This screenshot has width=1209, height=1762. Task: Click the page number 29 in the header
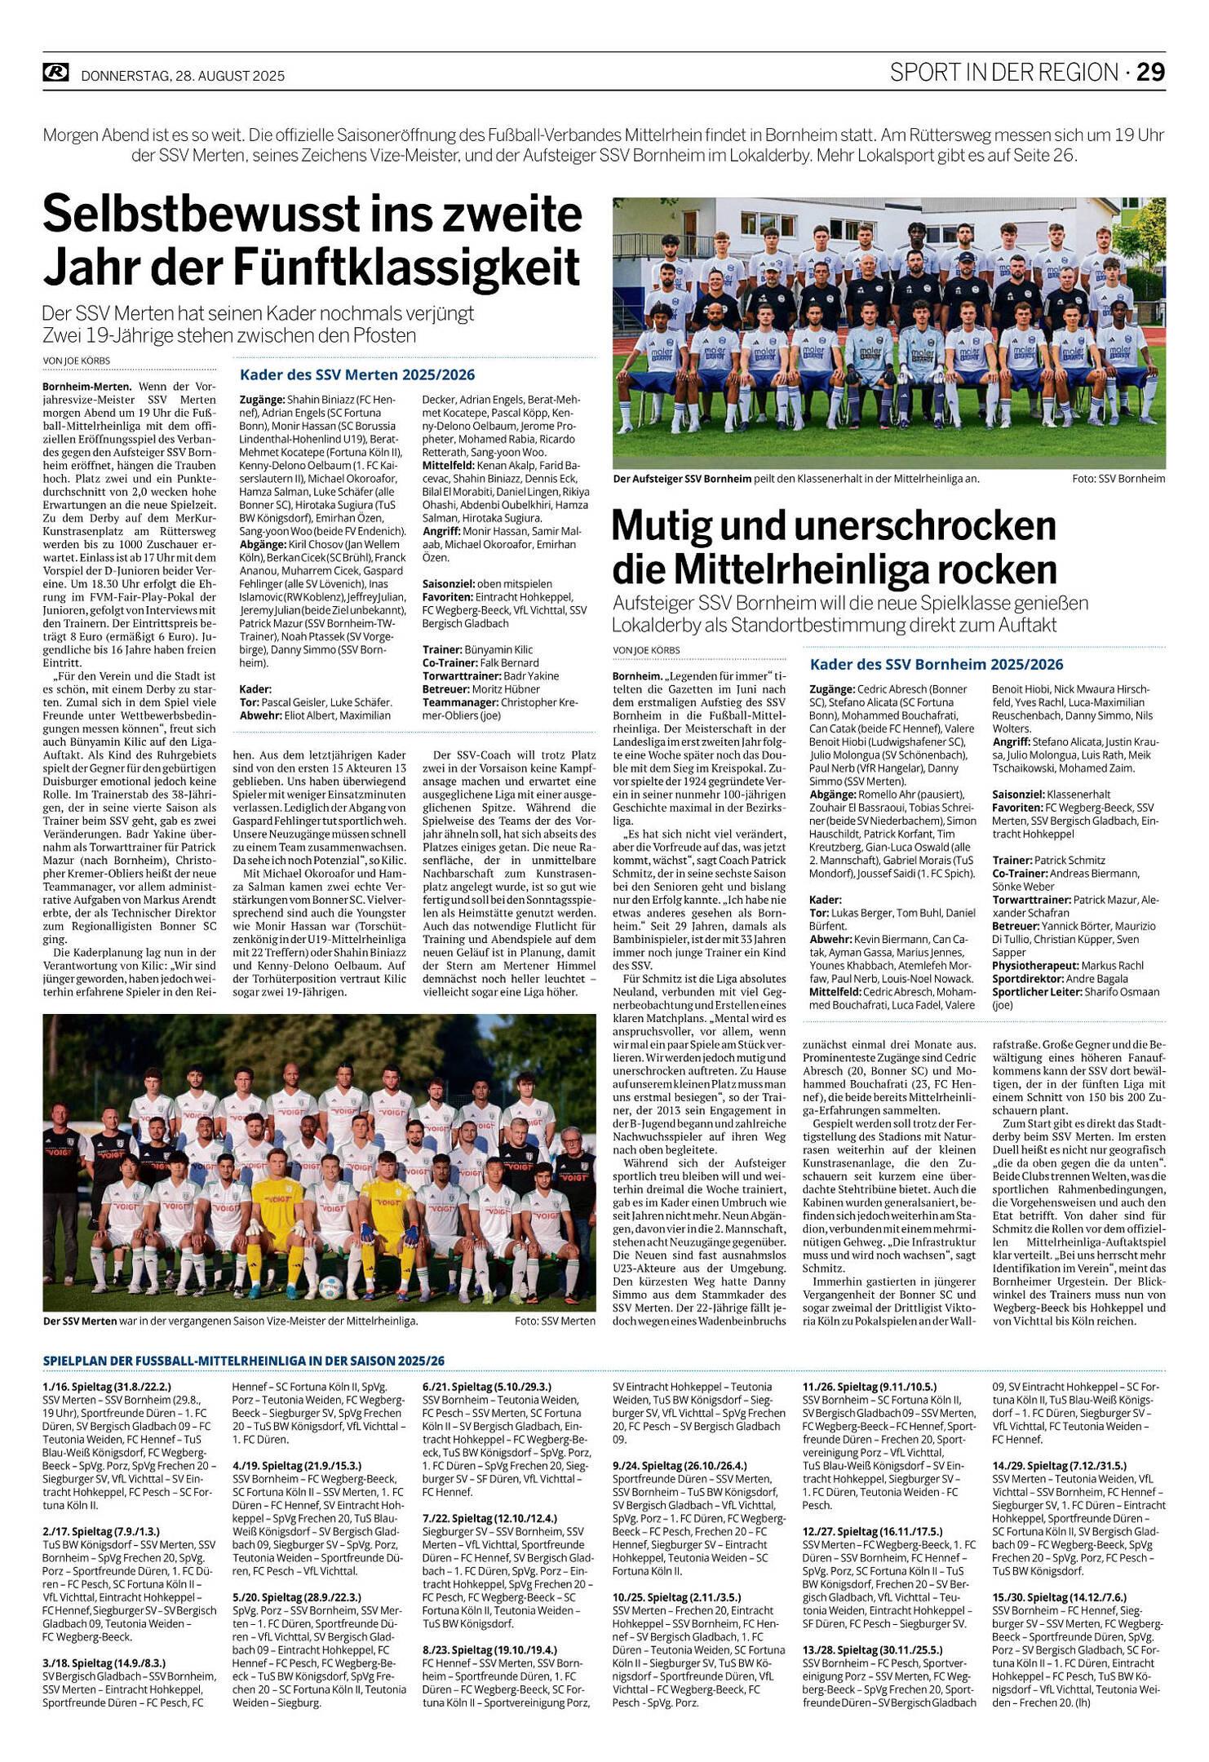pyautogui.click(x=1151, y=73)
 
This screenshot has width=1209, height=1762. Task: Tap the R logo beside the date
pyautogui.click(x=55, y=73)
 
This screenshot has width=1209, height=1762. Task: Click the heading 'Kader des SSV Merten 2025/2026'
pyautogui.click(x=356, y=375)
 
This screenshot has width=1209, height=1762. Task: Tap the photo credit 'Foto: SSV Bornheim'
pyautogui.click(x=1118, y=479)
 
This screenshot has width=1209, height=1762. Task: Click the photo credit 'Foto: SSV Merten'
pyautogui.click(x=555, y=1321)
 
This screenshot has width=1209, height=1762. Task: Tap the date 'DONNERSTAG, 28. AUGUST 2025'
pyautogui.click(x=183, y=76)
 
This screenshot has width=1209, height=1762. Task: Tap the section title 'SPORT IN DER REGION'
pyautogui.click(x=1003, y=73)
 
